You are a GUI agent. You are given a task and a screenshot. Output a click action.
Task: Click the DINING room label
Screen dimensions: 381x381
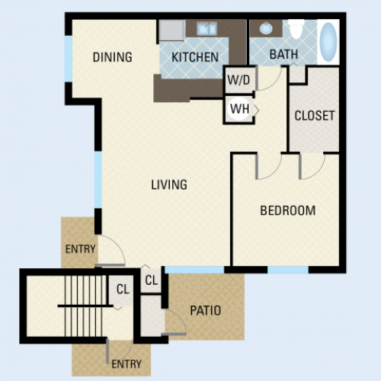tap(113, 57)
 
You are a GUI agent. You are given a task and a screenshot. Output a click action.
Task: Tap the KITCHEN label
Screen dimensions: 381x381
tap(195, 57)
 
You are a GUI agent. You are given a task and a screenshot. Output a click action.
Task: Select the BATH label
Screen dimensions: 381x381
tap(283, 54)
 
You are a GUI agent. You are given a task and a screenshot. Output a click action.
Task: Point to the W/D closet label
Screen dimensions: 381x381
tap(239, 80)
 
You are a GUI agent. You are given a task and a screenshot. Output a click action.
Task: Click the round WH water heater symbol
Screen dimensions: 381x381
tap(239, 109)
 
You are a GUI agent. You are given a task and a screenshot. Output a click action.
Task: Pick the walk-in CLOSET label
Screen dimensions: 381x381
tap(315, 116)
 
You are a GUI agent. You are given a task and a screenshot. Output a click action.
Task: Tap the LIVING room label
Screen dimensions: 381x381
tap(169, 184)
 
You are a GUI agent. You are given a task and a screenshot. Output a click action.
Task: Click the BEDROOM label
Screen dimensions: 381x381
tap(288, 210)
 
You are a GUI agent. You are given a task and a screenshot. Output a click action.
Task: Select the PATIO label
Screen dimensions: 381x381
tap(206, 311)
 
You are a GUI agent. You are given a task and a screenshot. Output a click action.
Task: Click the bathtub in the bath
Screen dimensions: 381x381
tap(328, 42)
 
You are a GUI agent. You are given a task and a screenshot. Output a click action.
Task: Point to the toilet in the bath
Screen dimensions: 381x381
tap(296, 29)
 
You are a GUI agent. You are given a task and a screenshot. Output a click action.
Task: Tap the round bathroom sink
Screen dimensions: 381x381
tap(266, 28)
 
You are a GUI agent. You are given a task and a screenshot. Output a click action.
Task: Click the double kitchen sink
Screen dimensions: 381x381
tap(207, 28)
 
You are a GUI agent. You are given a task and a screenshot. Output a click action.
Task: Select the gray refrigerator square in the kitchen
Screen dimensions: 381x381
tap(171, 30)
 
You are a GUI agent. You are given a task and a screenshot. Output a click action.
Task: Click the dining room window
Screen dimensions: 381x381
tap(69, 59)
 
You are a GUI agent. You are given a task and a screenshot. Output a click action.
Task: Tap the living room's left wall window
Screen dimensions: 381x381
tap(98, 180)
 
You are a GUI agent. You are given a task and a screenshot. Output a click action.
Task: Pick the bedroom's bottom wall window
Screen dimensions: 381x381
tap(288, 270)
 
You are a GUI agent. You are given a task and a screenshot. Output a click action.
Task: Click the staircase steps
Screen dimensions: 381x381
tap(85, 306)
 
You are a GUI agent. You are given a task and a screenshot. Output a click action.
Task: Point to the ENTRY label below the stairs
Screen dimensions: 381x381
tap(126, 364)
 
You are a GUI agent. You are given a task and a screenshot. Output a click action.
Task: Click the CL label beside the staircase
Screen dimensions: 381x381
tap(123, 289)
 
